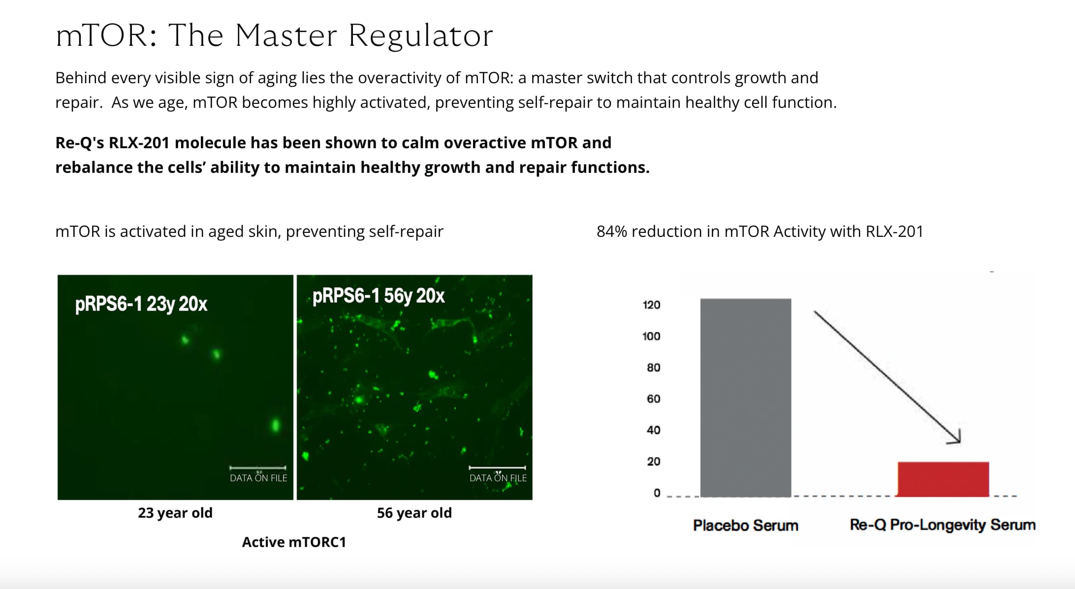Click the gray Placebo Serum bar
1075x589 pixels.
746,397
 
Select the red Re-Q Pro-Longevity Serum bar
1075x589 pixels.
943,479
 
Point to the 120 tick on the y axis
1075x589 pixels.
651,305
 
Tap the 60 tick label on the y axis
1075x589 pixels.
653,399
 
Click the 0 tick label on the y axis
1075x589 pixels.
657,493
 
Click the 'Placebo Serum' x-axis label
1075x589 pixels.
746,525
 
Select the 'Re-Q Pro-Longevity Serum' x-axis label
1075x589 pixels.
943,525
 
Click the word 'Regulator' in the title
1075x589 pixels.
421,36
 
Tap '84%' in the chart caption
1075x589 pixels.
612,231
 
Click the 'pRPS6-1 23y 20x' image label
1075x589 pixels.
141,304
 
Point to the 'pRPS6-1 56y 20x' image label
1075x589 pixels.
379,296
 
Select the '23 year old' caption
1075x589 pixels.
175,513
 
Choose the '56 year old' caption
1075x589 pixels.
414,513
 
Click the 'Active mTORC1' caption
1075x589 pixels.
294,542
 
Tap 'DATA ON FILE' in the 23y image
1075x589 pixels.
258,478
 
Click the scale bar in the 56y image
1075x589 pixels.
497,467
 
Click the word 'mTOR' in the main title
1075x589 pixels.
101,36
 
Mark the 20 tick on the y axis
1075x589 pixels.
653,461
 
